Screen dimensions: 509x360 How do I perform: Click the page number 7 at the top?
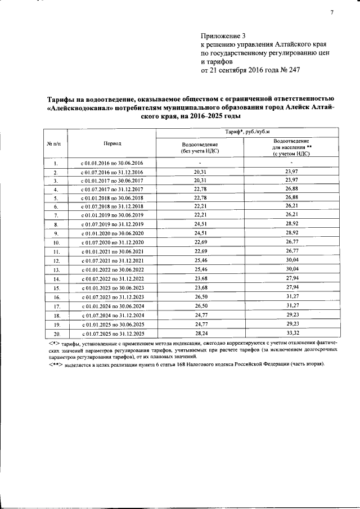332,13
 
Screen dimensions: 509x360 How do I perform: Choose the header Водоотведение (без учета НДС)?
200,148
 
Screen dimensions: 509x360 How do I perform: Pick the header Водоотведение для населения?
291,147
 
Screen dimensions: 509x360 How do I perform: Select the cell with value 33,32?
291,333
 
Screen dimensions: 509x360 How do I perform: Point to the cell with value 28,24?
200,333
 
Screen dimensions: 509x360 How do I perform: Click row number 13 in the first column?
56,271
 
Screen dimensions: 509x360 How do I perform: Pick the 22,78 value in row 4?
200,190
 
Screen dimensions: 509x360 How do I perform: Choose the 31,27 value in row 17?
291,307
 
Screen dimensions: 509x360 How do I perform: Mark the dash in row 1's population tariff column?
291,163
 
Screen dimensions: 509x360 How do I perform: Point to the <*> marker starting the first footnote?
54,343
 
